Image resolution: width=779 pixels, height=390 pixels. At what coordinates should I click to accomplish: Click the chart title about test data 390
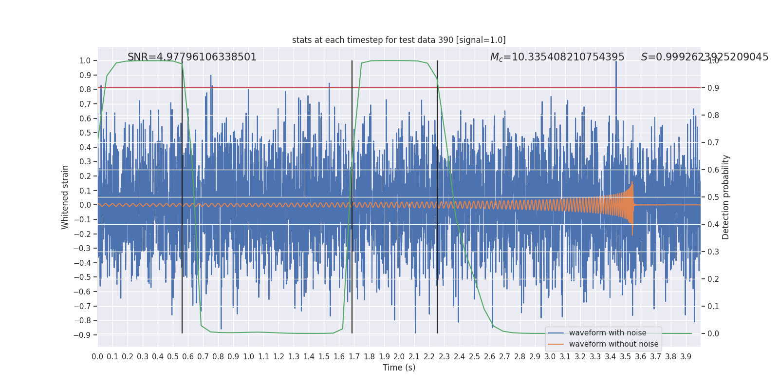pyautogui.click(x=399, y=40)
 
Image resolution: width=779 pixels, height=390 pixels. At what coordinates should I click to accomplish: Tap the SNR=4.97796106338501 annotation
pyautogui.click(x=192, y=57)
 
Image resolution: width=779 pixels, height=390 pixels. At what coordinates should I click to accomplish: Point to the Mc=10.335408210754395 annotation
pyautogui.click(x=557, y=57)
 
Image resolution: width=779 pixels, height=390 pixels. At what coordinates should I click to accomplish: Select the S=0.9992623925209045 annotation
pyautogui.click(x=705, y=57)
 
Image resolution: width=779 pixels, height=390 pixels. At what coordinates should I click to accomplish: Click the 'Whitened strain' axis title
pyautogui.click(x=65, y=197)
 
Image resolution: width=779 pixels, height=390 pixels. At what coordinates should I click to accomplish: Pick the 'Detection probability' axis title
pyautogui.click(x=726, y=197)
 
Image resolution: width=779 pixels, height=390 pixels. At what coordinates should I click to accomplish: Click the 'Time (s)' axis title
pyautogui.click(x=399, y=368)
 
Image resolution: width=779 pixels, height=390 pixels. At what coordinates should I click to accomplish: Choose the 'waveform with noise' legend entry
pyautogui.click(x=607, y=333)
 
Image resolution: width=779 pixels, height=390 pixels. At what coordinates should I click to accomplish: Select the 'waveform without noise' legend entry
pyautogui.click(x=613, y=344)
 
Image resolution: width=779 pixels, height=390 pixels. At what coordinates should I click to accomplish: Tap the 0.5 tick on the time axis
pyautogui.click(x=173, y=357)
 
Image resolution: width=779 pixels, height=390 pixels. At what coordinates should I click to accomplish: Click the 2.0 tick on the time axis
pyautogui.click(x=399, y=357)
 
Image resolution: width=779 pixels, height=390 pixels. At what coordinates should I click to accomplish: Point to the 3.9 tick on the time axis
pyautogui.click(x=686, y=357)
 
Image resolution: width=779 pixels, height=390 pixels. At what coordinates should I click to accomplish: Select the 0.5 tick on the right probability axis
pyautogui.click(x=713, y=197)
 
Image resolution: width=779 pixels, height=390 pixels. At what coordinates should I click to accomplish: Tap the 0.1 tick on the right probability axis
pyautogui.click(x=713, y=306)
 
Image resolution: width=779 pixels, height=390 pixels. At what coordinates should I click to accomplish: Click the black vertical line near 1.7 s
pyautogui.click(x=352, y=195)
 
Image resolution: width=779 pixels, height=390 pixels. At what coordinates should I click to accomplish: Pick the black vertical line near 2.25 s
pyautogui.click(x=437, y=195)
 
